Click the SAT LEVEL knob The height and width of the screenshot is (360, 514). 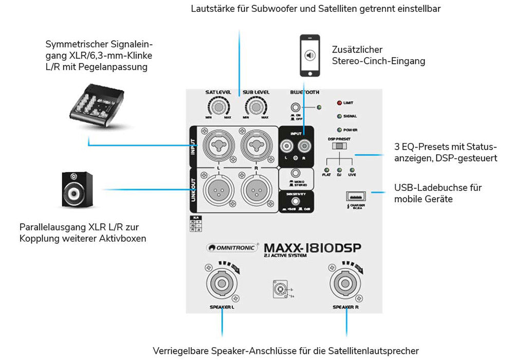(219, 107)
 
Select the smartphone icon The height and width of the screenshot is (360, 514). (309, 56)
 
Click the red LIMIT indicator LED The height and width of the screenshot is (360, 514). (339, 103)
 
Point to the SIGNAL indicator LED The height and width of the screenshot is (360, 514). (339, 116)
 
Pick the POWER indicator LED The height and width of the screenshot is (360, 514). (339, 130)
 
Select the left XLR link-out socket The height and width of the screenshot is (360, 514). (219, 190)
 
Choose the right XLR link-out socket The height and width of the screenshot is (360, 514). (256, 190)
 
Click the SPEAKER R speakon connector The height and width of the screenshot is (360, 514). (345, 283)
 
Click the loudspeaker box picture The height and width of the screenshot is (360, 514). (77, 190)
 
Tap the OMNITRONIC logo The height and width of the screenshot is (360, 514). (232, 248)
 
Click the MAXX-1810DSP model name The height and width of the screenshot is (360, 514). (312, 247)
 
